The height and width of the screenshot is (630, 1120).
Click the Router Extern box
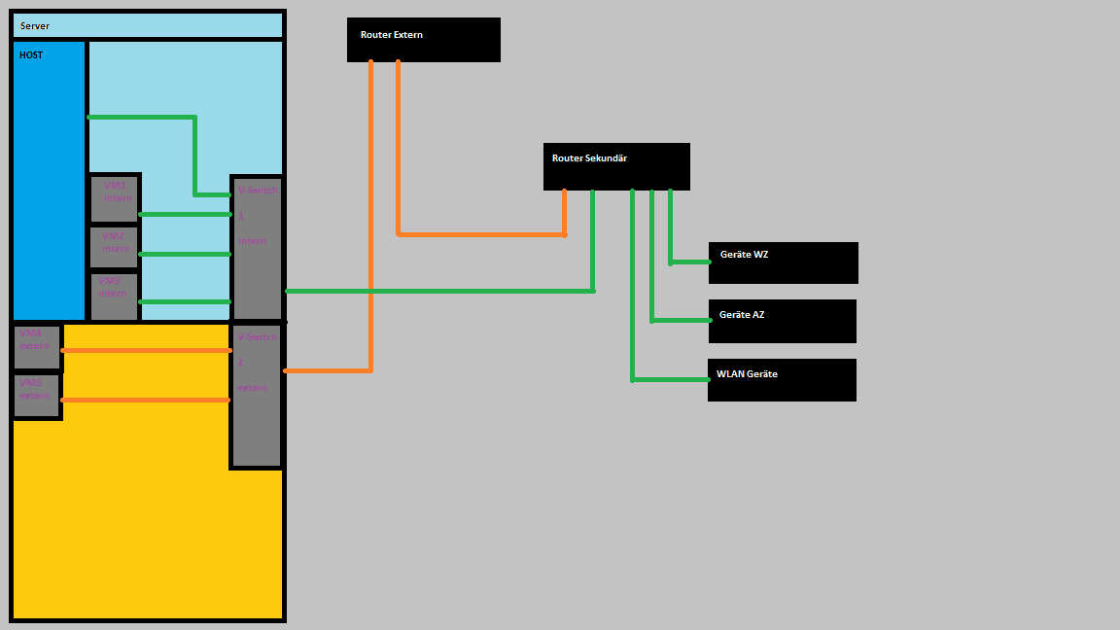click(x=424, y=40)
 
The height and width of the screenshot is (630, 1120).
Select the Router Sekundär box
click(x=616, y=166)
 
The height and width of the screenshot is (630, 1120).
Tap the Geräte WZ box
click(x=784, y=263)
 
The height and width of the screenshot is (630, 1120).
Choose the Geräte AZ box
click(x=783, y=322)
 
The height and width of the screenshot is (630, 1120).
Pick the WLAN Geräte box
click(x=782, y=380)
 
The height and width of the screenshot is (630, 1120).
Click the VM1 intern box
click(x=115, y=198)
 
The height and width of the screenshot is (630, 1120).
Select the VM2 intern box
click(x=115, y=248)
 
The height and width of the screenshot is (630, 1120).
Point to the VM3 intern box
click(x=115, y=297)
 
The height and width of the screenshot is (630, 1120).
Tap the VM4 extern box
click(x=37, y=347)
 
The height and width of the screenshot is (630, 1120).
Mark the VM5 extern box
click(x=37, y=396)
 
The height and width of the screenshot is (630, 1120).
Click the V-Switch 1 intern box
click(x=257, y=249)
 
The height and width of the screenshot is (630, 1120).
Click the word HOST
click(x=31, y=55)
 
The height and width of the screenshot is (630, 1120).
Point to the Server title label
click(x=35, y=26)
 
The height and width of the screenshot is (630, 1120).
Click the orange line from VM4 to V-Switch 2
click(x=146, y=350)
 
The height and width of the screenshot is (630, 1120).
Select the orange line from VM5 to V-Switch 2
click(x=146, y=400)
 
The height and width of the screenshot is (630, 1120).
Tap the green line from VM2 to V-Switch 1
click(x=185, y=254)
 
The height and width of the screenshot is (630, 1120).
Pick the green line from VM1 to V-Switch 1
click(x=185, y=214)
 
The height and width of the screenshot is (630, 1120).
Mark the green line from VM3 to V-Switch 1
click(x=185, y=301)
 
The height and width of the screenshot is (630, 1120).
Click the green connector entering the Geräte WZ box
click(x=690, y=262)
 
